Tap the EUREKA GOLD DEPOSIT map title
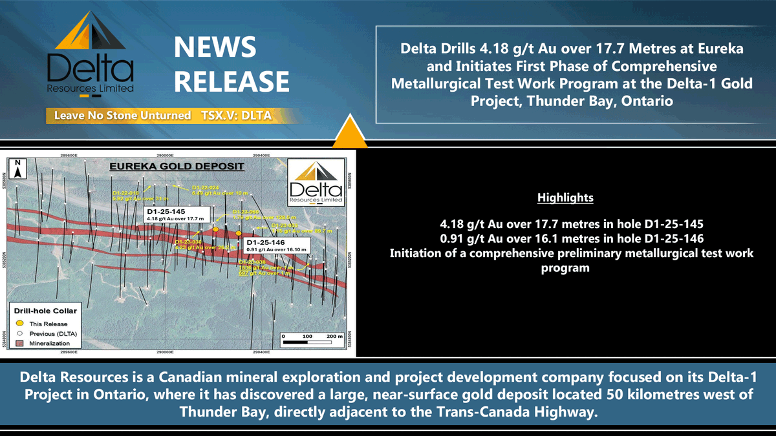tap(176, 167)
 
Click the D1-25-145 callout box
tap(175, 215)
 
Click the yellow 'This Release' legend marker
tap(20, 323)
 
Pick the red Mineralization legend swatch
tap(20, 343)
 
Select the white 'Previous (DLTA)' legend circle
tap(20, 333)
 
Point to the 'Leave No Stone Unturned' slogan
tap(122, 116)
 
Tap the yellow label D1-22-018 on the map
tap(126, 192)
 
